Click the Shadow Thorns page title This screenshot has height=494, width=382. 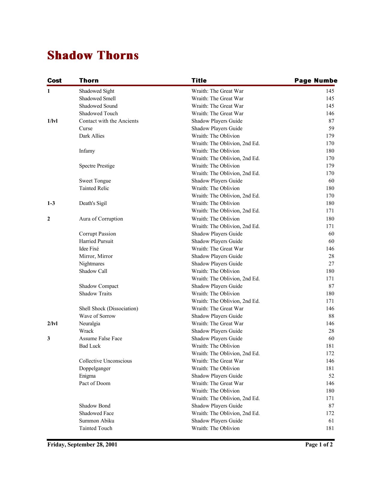[93, 56]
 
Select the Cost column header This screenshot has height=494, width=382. [54, 80]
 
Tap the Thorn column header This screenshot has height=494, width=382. [89, 80]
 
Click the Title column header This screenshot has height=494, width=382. [199, 80]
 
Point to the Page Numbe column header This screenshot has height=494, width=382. [316, 80]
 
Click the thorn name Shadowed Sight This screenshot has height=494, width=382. [96, 91]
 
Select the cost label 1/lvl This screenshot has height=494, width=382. [52, 121]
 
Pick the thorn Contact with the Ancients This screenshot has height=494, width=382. [109, 121]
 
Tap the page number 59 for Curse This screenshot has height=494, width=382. [331, 128]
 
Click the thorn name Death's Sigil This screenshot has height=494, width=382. [93, 203]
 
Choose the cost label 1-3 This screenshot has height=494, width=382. [51, 203]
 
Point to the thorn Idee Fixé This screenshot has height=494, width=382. [89, 249]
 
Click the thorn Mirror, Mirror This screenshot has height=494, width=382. [96, 256]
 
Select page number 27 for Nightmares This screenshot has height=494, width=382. [331, 264]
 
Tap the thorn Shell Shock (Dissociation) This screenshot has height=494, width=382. [108, 308]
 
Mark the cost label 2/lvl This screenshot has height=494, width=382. [52, 323]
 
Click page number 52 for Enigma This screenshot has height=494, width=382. [331, 376]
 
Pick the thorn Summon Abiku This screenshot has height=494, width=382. [96, 421]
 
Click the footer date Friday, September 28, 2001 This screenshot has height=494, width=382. [82, 445]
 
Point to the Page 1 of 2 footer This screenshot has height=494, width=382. [319, 445]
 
